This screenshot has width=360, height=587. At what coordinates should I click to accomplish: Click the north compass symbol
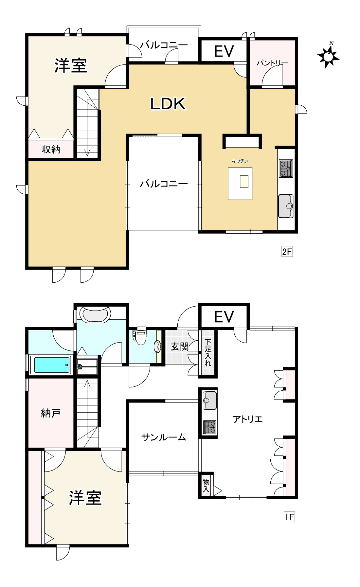[328, 56]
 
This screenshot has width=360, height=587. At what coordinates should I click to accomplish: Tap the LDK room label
[168, 103]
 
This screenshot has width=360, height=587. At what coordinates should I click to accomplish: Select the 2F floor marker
[287, 252]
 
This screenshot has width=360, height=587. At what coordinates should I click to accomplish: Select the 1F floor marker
[289, 517]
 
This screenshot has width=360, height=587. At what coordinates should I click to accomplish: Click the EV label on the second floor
[224, 51]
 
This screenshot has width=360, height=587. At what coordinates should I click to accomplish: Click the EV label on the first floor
[224, 317]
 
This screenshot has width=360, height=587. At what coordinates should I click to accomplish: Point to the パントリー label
[272, 63]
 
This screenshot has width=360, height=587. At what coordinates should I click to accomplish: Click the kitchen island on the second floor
[240, 183]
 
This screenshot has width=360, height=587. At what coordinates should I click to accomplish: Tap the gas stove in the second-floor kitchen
[286, 168]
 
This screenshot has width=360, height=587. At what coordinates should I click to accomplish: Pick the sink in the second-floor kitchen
[286, 206]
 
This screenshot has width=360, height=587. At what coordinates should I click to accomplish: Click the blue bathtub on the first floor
[52, 365]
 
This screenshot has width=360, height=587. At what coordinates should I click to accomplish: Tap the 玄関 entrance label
[180, 347]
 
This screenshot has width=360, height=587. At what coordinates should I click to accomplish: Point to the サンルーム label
[164, 437]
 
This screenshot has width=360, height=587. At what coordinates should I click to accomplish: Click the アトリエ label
[248, 419]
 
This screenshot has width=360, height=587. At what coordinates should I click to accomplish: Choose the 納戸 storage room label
[51, 413]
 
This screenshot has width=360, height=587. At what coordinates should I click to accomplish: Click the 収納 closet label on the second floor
[51, 150]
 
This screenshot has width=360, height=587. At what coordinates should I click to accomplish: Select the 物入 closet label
[206, 486]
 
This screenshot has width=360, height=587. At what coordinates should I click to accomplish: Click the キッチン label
[240, 161]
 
